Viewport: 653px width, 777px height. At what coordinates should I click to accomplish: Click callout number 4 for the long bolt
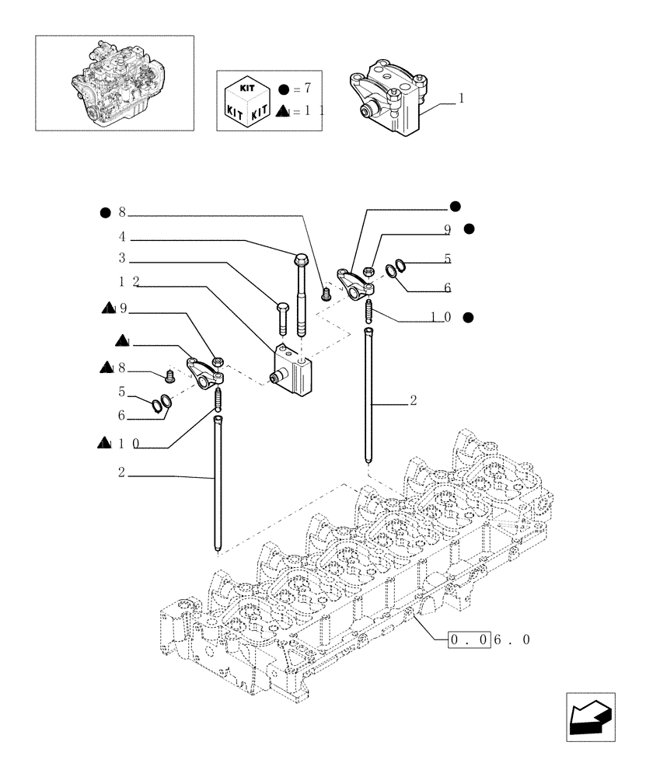(122, 236)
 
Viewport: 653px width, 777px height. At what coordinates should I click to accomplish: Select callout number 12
(129, 280)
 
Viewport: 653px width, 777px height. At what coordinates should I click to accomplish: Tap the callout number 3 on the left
(122, 257)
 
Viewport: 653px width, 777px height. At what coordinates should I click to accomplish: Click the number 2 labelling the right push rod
(414, 401)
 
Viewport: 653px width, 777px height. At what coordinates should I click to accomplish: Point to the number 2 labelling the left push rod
(122, 472)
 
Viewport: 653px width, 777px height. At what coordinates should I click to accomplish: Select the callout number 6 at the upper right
(448, 287)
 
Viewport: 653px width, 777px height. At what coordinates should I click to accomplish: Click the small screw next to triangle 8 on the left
(169, 378)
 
